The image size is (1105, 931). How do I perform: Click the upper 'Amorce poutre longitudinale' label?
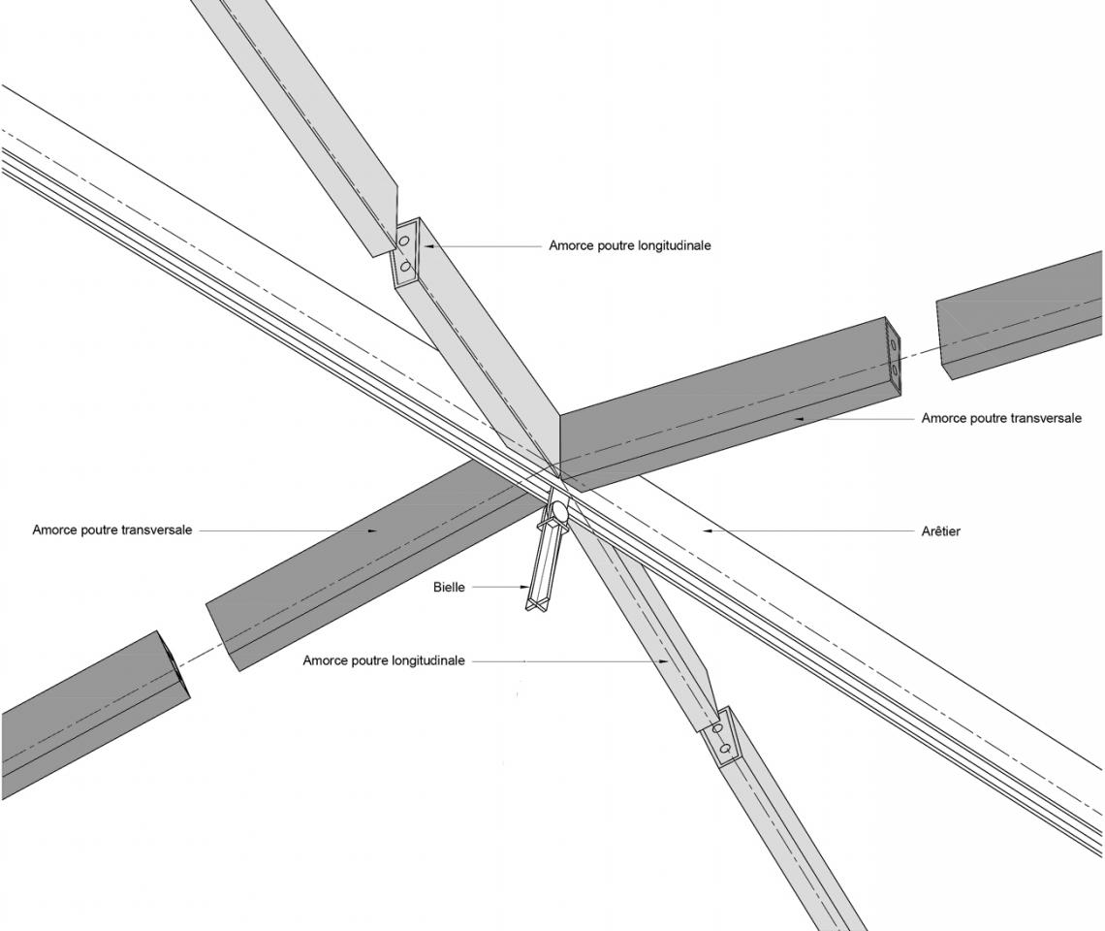tap(630, 245)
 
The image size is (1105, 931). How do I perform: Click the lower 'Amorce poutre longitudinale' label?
tap(384, 660)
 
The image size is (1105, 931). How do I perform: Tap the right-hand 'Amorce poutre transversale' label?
tap(1001, 418)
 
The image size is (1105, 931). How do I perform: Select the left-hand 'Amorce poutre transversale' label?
tap(112, 530)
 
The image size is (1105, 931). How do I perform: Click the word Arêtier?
tap(941, 530)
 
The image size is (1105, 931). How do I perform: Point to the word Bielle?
tap(449, 587)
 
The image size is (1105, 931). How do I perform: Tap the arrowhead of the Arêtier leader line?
tap(708, 530)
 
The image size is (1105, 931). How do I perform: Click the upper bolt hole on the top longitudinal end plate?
tap(404, 241)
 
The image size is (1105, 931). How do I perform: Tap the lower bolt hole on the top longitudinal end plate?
tap(404, 267)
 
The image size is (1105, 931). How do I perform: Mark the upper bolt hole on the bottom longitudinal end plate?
tap(717, 727)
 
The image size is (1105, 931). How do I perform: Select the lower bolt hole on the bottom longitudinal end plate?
tap(722, 746)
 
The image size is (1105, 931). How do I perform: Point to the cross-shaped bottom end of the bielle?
tap(537, 602)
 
